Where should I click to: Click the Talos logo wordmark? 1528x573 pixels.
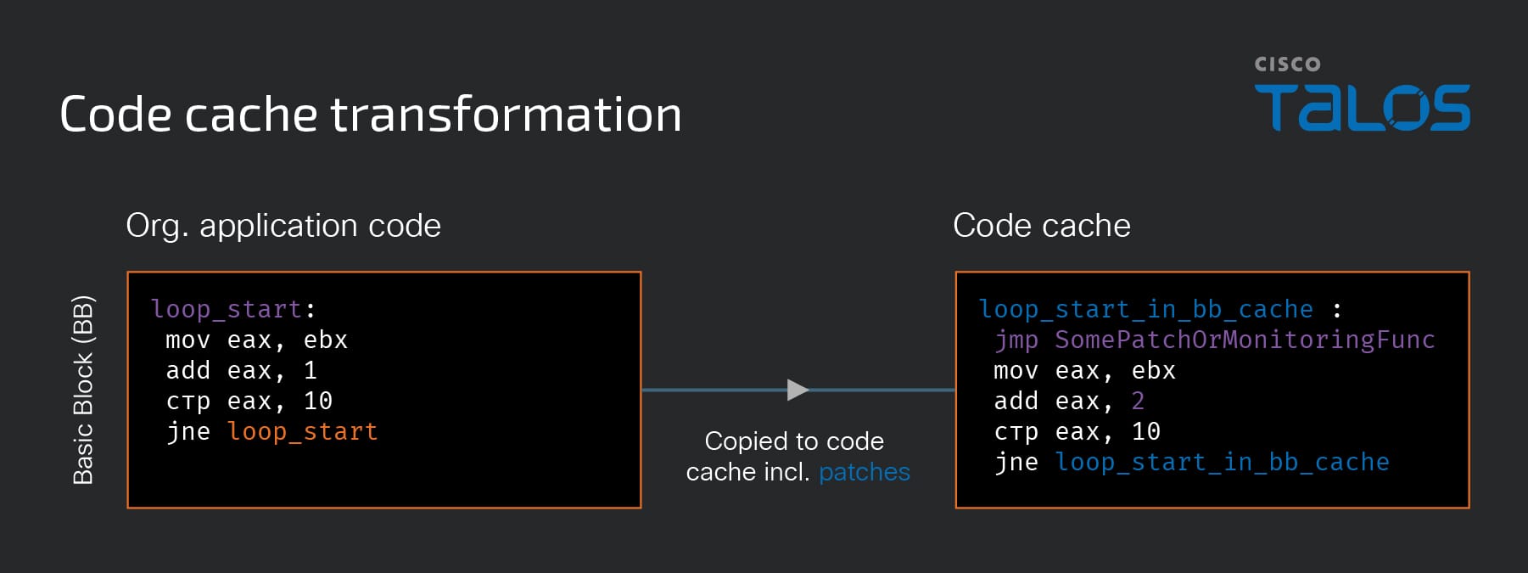(1362, 107)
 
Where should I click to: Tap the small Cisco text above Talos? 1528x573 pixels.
(1287, 65)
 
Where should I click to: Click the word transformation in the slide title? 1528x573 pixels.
(506, 114)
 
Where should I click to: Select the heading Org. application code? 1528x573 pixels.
(283, 226)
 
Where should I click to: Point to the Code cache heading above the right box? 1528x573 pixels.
(1042, 226)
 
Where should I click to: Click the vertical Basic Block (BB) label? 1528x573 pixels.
(83, 390)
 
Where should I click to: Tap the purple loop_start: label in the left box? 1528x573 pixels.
(233, 309)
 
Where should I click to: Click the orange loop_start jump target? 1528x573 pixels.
(302, 432)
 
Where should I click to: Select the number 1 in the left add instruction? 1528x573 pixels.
(311, 370)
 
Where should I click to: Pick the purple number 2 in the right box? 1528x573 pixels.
(1138, 401)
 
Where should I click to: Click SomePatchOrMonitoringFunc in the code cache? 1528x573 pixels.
(1245, 340)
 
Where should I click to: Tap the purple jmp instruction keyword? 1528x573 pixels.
(1016, 340)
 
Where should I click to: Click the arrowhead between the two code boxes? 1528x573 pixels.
(798, 390)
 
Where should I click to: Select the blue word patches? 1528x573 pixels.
(865, 472)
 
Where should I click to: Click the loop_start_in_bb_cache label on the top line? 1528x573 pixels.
(1146, 309)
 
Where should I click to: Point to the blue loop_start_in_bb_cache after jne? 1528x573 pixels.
(1222, 463)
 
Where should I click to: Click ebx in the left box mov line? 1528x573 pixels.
(326, 340)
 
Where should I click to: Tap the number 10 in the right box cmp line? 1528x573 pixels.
(1146, 431)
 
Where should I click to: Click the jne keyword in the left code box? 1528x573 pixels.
(188, 432)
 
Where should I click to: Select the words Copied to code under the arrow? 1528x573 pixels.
(794, 441)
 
